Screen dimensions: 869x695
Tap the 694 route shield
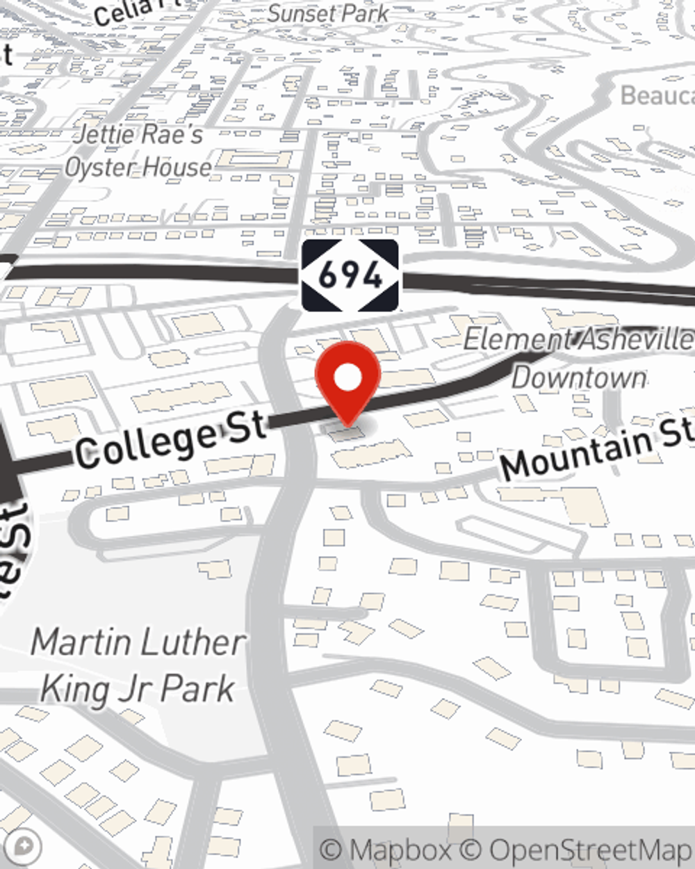[x=350, y=276]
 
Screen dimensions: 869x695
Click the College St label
[x=170, y=438]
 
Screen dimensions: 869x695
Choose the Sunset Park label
[x=328, y=13]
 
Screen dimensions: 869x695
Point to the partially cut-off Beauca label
[x=656, y=96]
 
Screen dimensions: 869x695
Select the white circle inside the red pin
[x=348, y=378]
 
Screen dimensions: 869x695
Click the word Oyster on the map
[x=98, y=168]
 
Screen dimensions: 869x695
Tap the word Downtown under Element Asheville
[x=578, y=377]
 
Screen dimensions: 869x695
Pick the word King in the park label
[x=72, y=689]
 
